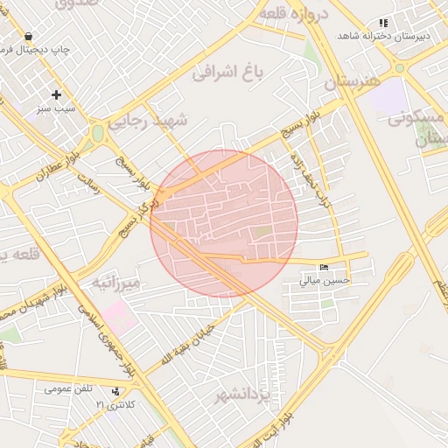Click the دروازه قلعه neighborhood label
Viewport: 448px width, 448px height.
tap(292, 14)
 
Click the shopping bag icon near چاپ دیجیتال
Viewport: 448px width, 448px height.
tap(29, 37)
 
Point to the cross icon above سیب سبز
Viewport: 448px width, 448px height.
tap(57, 94)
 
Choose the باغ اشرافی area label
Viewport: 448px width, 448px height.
tap(227, 73)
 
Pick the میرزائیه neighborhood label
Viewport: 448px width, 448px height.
tap(116, 283)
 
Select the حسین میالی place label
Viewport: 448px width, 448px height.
tap(325, 281)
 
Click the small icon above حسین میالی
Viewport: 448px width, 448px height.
tap(325, 267)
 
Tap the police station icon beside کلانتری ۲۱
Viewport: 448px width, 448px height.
tap(116, 391)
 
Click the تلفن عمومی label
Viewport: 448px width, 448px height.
tap(69, 388)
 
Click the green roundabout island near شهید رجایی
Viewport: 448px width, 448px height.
tap(98, 133)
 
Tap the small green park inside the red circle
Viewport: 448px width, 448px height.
tap(262, 232)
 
